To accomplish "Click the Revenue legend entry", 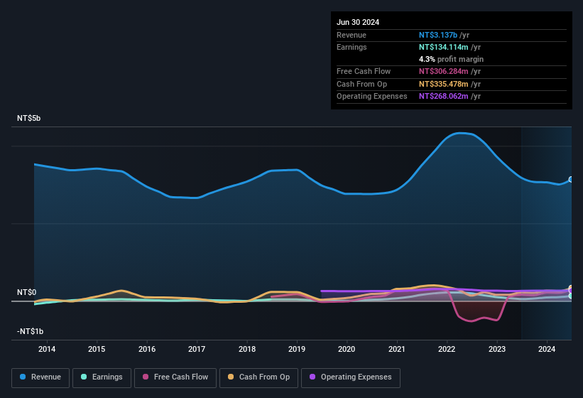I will tap(40, 377).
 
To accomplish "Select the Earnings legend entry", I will tap(102, 377).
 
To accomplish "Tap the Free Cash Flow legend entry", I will tap(175, 377).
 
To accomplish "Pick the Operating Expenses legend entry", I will tap(351, 377).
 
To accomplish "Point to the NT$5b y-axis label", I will tap(29, 118).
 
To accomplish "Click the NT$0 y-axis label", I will tap(26, 292).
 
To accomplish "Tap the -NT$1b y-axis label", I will tap(29, 331).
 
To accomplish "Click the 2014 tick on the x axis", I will tap(47, 349).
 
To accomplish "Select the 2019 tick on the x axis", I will tap(297, 349).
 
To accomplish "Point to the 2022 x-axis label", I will tap(447, 349).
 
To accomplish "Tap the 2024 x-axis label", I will tap(547, 349).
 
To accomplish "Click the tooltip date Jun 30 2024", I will tap(358, 22).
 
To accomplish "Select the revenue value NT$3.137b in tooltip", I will tap(438, 35).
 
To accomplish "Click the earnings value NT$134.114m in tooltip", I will tap(443, 47).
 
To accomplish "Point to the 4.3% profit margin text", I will tap(451, 59).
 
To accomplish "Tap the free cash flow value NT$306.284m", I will tap(443, 71).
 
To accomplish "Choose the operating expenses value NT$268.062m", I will tap(443, 96).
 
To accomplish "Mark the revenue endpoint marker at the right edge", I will tap(571, 180).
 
